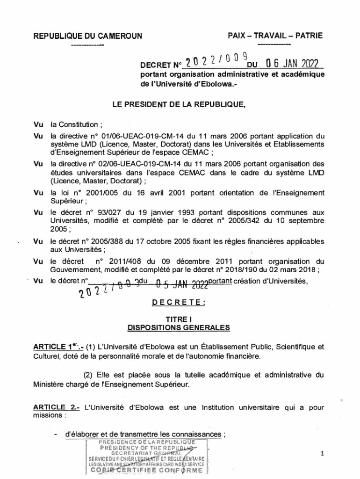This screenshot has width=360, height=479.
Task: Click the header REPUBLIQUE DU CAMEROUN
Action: click(87, 36)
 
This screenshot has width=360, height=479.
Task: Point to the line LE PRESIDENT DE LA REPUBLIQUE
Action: click(179, 105)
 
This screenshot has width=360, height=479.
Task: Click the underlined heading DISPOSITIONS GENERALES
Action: click(179, 328)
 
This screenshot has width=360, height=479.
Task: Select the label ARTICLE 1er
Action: click(58, 347)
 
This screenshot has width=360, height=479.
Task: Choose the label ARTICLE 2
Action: click(56, 407)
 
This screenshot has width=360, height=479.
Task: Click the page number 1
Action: click(323, 454)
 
